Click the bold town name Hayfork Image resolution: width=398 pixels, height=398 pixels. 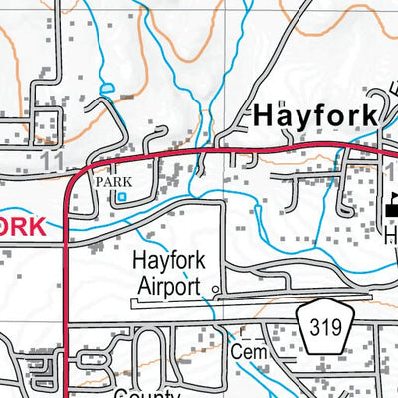click(313, 114)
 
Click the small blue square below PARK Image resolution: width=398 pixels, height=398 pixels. click(121, 197)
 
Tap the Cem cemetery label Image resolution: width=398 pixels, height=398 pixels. click(243, 353)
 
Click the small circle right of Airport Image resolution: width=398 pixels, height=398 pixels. click(215, 290)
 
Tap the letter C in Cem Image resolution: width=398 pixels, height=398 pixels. click(233, 353)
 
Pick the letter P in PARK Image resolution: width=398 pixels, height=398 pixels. click(99, 182)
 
